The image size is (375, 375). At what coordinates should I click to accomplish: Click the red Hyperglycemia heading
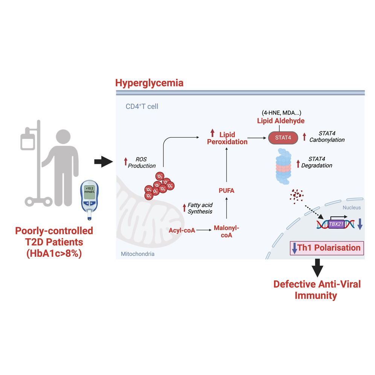tap(149, 83)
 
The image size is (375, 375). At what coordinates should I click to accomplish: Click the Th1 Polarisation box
tap(326, 248)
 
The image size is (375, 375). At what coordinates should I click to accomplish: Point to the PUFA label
tap(226, 191)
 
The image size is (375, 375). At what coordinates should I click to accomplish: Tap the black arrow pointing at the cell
tap(103, 162)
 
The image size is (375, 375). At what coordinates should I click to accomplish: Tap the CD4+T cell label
tap(142, 107)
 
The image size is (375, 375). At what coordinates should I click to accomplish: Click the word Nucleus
tap(352, 207)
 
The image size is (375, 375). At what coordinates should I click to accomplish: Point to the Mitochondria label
tap(137, 254)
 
